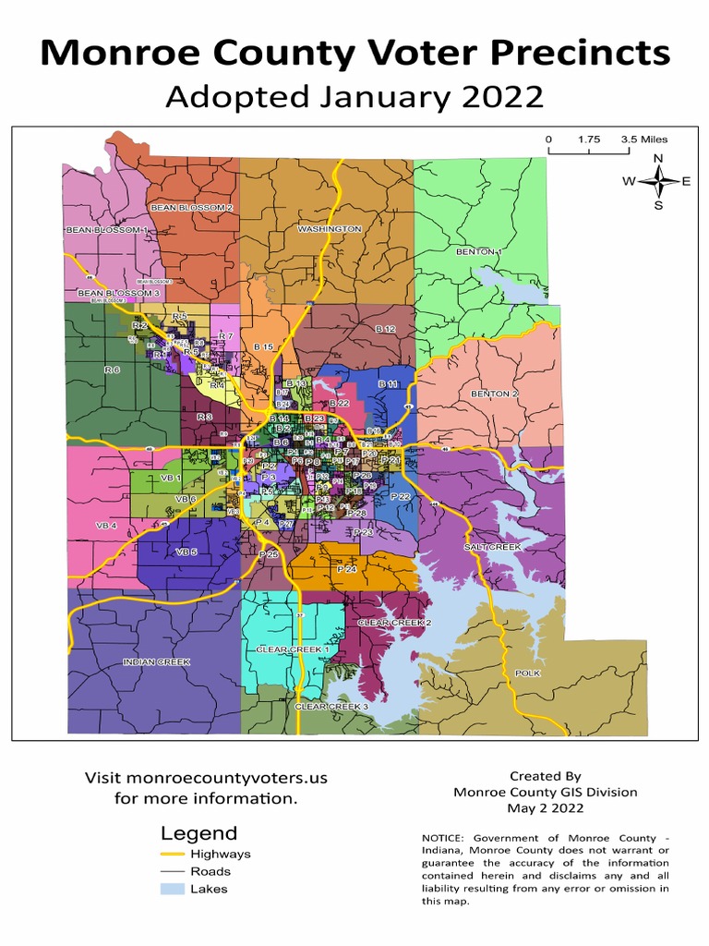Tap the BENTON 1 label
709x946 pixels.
pos(479,251)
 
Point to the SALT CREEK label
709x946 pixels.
pos(493,547)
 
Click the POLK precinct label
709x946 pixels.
pos(527,673)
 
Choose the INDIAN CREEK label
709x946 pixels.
pos(156,662)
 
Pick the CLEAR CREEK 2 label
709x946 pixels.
pos(394,624)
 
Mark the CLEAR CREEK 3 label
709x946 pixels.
pos(330,707)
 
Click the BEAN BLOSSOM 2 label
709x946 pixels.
pos(192,208)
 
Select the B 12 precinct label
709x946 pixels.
pos(385,329)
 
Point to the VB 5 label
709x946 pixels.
pos(186,552)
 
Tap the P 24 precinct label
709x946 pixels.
pos(347,570)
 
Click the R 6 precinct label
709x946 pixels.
pos(112,370)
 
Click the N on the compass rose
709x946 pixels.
pos(658,159)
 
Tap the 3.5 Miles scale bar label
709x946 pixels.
pos(643,139)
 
